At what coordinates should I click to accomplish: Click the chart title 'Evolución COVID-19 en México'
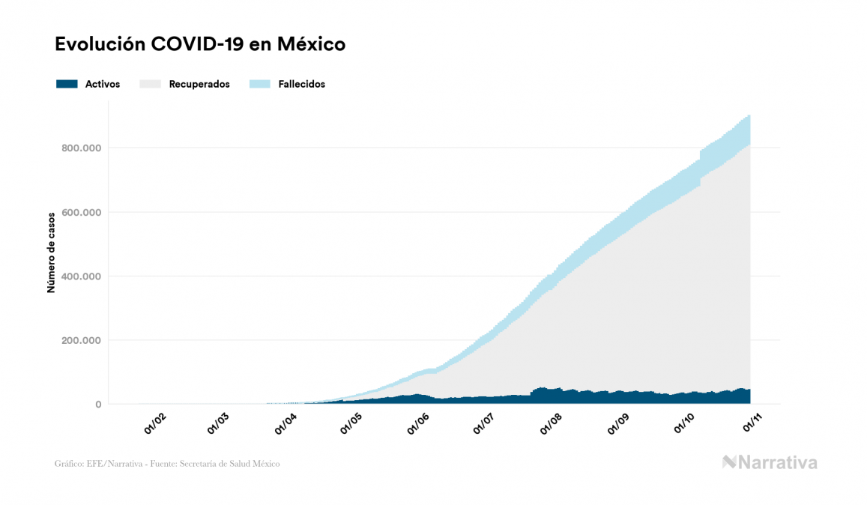(200, 44)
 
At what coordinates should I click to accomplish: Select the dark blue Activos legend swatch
(67, 84)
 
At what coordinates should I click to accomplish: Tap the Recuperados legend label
(199, 85)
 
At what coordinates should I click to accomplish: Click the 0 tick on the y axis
(97, 405)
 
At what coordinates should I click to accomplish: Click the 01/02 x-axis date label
(155, 423)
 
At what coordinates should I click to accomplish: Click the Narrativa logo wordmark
(770, 462)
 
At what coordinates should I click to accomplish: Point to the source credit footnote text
(167, 464)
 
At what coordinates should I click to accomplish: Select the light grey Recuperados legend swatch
(150, 84)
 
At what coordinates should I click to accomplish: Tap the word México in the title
(311, 44)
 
